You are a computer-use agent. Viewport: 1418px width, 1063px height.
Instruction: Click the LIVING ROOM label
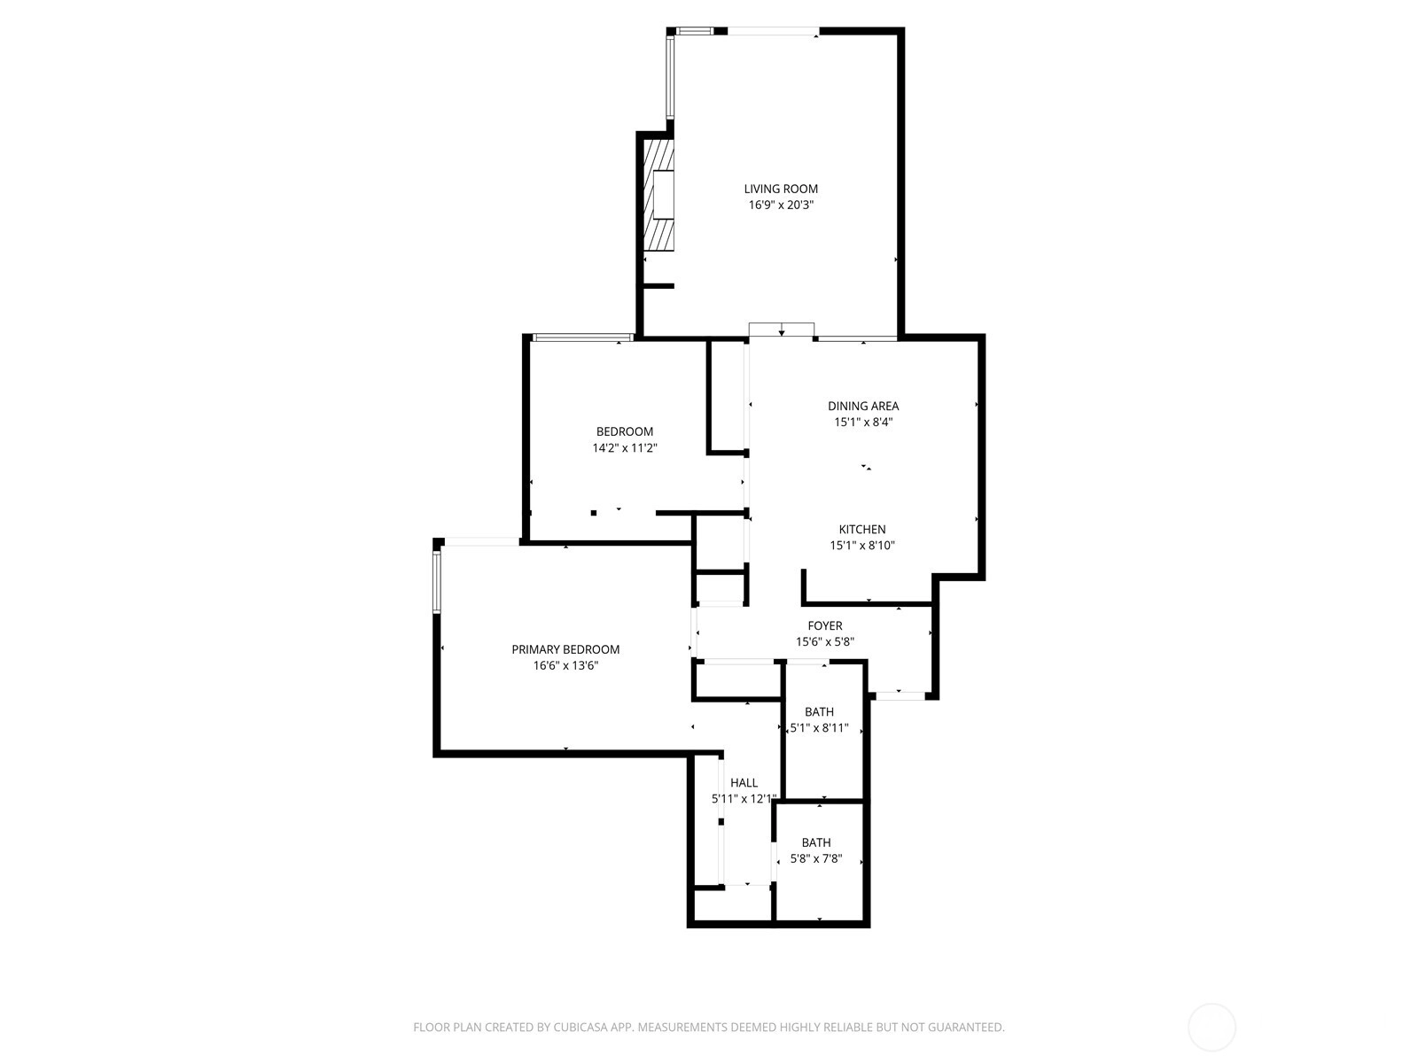click(781, 189)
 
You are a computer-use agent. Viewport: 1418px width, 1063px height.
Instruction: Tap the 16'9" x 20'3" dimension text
click(781, 206)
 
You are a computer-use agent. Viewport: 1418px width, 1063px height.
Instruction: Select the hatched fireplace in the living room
click(659, 195)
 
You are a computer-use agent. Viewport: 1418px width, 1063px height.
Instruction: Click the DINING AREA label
click(863, 406)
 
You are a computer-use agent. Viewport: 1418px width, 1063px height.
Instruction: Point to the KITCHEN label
click(861, 529)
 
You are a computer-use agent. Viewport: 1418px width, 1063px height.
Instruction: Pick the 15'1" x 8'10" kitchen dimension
click(861, 546)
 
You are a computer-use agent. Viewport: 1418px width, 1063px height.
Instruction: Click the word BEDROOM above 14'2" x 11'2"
click(624, 431)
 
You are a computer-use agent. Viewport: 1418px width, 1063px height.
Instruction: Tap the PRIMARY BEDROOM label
click(565, 650)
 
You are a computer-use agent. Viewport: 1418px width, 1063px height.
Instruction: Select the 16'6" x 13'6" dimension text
click(565, 666)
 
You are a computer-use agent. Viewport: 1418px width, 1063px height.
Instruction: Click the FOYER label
click(825, 626)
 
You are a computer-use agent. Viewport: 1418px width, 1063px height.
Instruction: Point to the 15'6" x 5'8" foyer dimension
click(825, 642)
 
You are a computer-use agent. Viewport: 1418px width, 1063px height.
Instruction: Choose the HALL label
click(744, 783)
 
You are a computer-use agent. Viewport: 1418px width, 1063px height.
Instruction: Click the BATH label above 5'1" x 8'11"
click(819, 712)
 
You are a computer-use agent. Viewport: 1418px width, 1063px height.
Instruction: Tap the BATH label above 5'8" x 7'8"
click(816, 843)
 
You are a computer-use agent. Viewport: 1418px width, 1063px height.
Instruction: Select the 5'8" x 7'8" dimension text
click(816, 859)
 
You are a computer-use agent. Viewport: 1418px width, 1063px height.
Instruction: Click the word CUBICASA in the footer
click(580, 1028)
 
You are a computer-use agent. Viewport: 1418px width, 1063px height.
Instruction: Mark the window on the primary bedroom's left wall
click(437, 582)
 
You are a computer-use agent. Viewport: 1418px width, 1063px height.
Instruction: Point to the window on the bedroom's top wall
click(582, 337)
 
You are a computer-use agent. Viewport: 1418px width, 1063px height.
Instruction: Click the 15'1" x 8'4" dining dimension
click(863, 423)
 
